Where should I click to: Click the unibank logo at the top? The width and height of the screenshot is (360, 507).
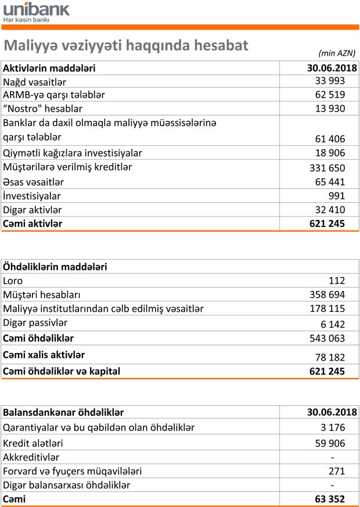[x=36, y=9]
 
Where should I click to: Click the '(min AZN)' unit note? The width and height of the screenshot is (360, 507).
[x=337, y=52]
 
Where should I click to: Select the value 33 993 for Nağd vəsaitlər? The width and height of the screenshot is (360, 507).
[x=330, y=81]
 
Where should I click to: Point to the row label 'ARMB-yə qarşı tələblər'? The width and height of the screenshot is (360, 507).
[x=54, y=95]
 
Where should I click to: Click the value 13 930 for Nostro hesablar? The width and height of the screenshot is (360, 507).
[x=330, y=109]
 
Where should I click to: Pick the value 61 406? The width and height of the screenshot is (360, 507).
[x=330, y=139]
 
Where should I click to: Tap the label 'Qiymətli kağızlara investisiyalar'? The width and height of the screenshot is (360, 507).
[x=73, y=153]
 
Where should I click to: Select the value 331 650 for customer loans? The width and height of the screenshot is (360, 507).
[x=327, y=168]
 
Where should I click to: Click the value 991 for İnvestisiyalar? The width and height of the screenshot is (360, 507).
[x=336, y=196]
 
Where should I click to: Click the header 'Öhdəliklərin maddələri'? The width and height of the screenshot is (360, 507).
[x=55, y=267]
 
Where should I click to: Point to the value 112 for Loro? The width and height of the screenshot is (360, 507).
[x=336, y=281]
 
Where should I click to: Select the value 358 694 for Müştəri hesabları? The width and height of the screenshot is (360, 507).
[x=327, y=295]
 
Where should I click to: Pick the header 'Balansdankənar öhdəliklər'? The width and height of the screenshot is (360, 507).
[x=63, y=413]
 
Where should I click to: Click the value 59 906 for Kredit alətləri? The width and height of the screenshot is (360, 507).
[x=330, y=444]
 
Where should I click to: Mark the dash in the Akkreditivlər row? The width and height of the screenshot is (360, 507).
[x=332, y=458]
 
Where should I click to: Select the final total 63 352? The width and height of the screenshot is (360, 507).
[x=330, y=499]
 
